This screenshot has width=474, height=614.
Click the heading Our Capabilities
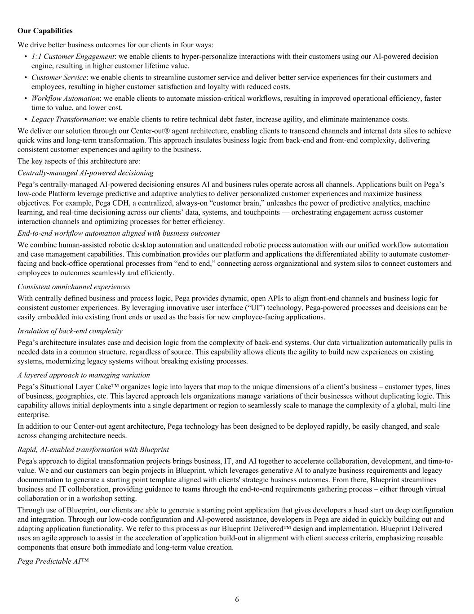tap(45, 31)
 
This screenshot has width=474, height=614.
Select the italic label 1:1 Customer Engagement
tap(72, 56)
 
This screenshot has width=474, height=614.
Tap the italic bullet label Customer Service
tap(58, 77)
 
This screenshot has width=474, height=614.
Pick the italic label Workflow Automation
tap(65, 98)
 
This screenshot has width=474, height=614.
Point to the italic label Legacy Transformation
tap(67, 119)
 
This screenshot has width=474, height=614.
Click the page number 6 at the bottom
tap(237, 599)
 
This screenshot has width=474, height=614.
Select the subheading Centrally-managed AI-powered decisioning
tap(85, 173)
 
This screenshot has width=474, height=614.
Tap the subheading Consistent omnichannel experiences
tap(74, 287)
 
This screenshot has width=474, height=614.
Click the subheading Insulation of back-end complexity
tap(70, 331)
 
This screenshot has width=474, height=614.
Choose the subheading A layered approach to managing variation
tap(84, 375)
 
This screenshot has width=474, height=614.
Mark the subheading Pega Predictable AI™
tap(53, 561)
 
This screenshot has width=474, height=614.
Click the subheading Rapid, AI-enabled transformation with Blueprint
tap(93, 449)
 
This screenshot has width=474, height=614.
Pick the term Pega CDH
tap(109, 203)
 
